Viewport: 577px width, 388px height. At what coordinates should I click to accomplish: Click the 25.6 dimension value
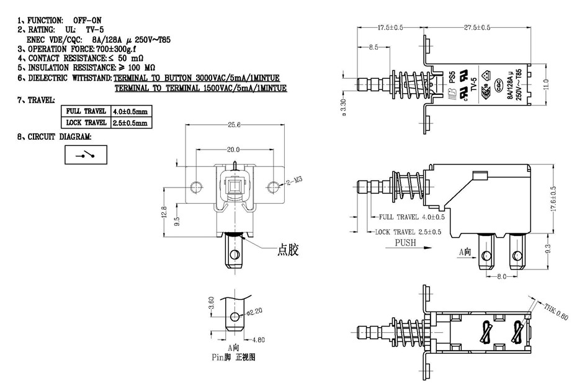[234, 125]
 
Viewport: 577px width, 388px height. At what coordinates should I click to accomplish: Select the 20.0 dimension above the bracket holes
[233, 150]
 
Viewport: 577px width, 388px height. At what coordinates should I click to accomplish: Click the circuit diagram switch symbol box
[86, 154]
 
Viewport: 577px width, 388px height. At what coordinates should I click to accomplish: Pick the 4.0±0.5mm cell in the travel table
[131, 112]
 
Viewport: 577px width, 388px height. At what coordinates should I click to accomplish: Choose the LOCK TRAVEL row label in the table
[86, 122]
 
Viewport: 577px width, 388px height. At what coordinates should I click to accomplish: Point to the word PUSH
[405, 243]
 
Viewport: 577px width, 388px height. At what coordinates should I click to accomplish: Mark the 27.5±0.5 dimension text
[477, 28]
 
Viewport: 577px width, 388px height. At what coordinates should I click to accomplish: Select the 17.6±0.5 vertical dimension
[553, 199]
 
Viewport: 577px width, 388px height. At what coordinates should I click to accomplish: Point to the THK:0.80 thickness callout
[556, 312]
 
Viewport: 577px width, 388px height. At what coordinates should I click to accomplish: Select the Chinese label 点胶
[288, 251]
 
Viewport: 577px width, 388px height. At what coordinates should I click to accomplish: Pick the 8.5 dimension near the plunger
[373, 48]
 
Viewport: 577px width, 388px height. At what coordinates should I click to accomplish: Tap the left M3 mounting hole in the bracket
[196, 186]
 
